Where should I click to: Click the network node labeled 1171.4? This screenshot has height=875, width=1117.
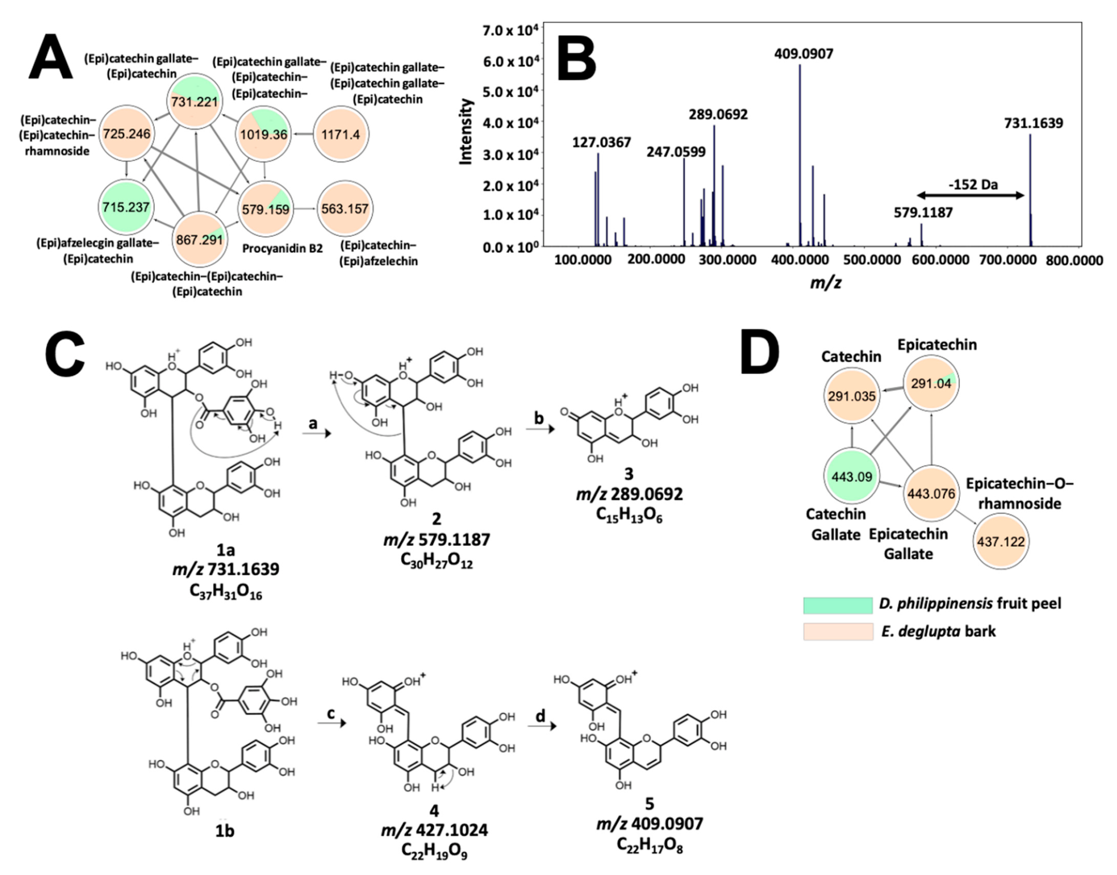coord(340,134)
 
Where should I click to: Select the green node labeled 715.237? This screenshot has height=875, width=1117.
coord(126,207)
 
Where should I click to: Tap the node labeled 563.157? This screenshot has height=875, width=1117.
coord(345,208)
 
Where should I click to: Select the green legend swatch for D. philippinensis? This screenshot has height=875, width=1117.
coord(837,604)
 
